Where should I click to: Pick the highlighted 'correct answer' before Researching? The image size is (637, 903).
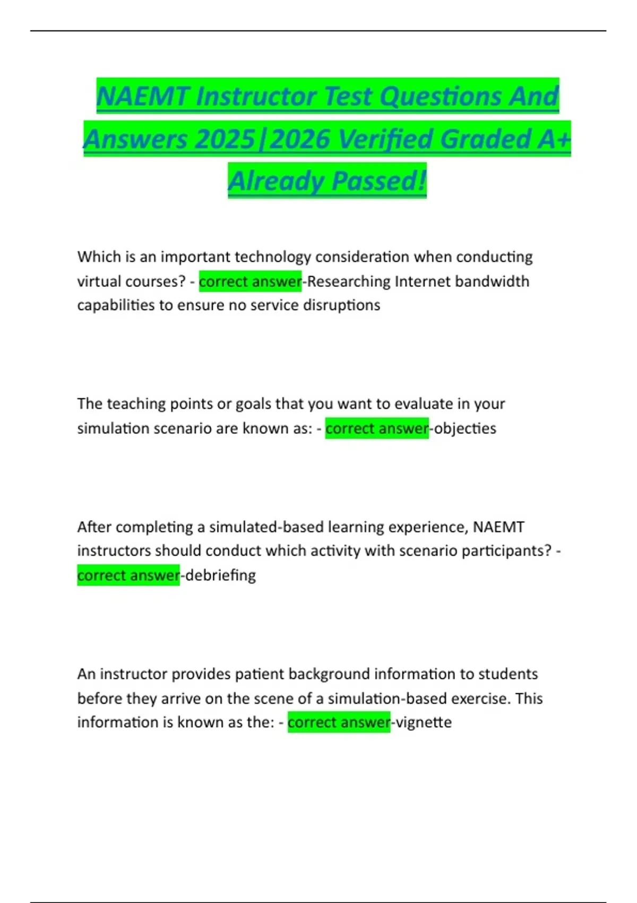point(250,281)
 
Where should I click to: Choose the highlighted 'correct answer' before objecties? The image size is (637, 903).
point(377,428)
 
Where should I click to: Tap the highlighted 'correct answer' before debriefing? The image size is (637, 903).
point(128,575)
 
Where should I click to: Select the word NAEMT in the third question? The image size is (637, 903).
point(498,527)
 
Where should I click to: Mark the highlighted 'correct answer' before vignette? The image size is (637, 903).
point(339,722)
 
